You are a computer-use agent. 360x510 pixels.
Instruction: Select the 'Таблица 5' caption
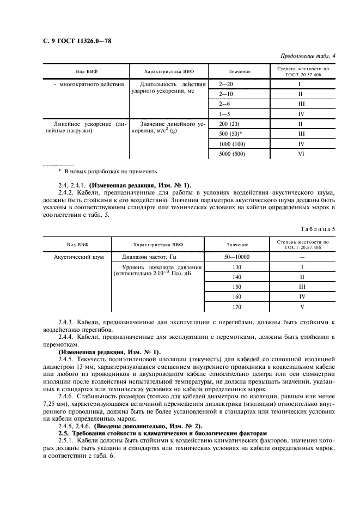pos(319,228)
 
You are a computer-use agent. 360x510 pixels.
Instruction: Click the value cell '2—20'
pos(225,84)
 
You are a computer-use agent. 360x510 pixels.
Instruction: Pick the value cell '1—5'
pos(224,114)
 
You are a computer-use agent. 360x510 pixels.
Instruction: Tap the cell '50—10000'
pos(235,257)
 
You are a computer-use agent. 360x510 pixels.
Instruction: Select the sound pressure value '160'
pos(236,296)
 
